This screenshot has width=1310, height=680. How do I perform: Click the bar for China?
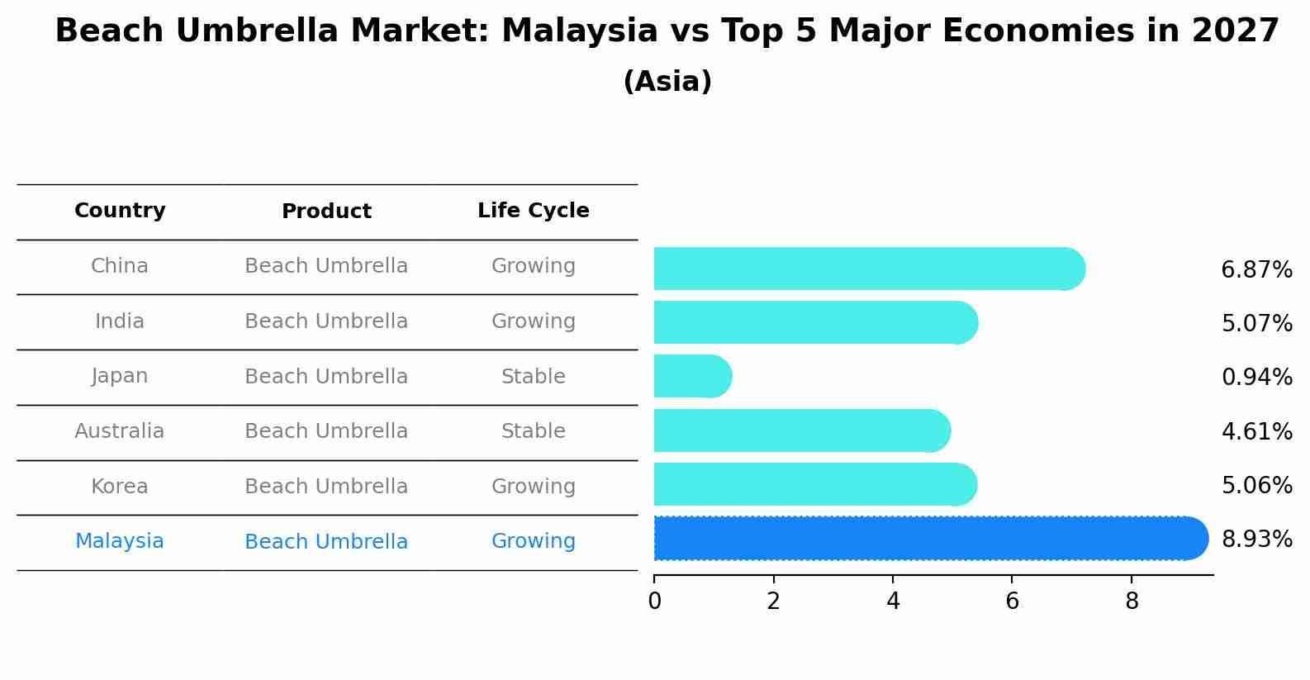867,269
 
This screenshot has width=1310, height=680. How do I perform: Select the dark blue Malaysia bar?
929,539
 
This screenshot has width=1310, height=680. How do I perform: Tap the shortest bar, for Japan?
692,376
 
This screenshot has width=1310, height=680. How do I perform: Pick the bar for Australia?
801,430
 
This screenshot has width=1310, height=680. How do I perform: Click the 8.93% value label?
1256,540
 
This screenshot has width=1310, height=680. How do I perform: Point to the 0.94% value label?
1256,378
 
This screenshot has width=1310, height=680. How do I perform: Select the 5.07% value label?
1256,324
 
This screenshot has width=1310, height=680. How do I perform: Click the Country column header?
120,211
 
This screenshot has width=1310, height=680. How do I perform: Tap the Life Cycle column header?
533,211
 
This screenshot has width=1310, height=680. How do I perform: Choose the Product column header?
326,212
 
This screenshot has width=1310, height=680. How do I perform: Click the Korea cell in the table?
120,487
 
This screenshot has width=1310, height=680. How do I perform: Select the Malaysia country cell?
120,541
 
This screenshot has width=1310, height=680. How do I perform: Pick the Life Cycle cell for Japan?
533,377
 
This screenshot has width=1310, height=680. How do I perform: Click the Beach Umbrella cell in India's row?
326,321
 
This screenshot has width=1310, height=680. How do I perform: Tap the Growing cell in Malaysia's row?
533,541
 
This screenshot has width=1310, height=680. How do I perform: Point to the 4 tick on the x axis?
893,601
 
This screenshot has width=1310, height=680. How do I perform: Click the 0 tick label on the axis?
654,601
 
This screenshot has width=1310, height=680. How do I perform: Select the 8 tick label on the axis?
1132,601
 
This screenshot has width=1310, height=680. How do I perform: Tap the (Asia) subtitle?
667,82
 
